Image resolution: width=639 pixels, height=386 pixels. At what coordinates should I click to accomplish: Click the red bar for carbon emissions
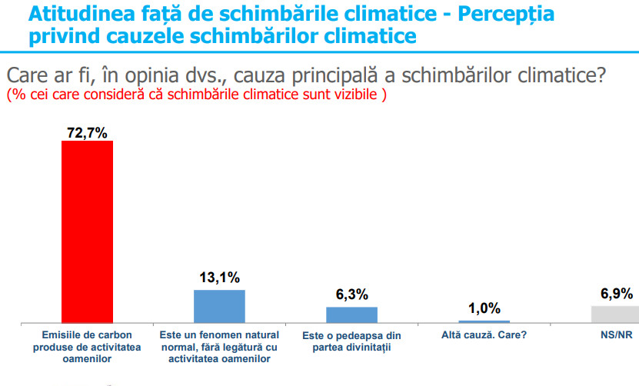(x=87, y=231)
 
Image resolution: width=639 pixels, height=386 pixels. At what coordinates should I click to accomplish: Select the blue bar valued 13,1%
(x=219, y=306)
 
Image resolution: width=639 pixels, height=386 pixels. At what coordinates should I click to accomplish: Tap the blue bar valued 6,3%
(x=351, y=314)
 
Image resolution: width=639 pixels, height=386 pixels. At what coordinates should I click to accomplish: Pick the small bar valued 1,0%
(x=484, y=321)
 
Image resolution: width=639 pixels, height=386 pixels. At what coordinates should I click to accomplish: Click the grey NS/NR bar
(x=615, y=314)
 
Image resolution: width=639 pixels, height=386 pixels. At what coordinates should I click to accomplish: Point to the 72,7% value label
(x=87, y=133)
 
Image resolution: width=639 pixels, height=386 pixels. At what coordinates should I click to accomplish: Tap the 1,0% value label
(x=484, y=309)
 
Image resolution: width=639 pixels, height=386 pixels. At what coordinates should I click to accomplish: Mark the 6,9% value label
(x=616, y=294)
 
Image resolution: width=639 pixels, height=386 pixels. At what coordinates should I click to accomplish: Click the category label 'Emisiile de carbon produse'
(x=87, y=347)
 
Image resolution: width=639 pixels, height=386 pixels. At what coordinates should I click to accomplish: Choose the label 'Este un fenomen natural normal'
(x=219, y=347)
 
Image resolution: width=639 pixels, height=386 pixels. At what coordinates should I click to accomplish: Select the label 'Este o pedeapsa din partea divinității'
(x=351, y=341)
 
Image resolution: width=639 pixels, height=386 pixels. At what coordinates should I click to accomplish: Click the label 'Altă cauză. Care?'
(x=484, y=335)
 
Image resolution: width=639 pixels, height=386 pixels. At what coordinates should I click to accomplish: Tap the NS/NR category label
(x=616, y=335)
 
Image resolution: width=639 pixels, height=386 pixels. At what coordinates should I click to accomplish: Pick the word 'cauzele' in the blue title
(x=147, y=35)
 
